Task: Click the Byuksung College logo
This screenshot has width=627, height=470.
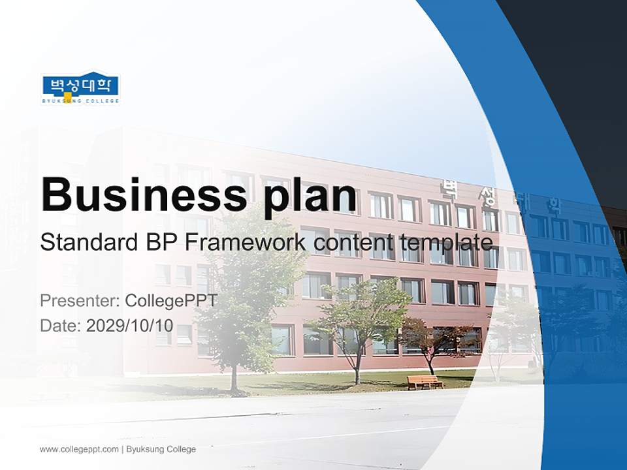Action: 81,88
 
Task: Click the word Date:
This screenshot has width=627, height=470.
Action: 61,325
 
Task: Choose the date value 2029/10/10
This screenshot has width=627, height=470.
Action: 139,325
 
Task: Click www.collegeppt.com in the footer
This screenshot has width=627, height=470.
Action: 79,449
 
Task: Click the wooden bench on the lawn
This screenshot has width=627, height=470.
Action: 425,382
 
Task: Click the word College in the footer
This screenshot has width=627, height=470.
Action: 181,449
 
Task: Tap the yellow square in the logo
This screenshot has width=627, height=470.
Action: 67,97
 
